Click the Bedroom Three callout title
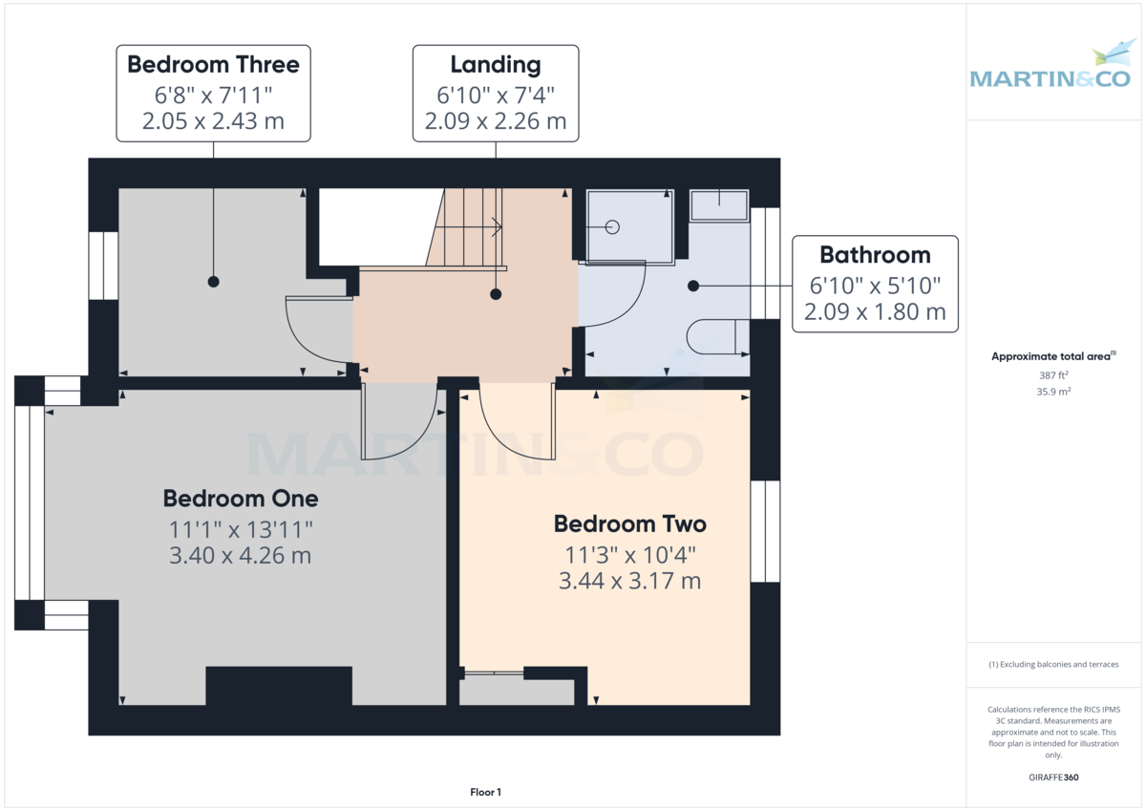213,65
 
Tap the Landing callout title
495,65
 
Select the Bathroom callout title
875,255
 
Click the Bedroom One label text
241,499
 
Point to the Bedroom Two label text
630,524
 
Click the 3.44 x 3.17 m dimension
630,580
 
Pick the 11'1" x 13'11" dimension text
241,528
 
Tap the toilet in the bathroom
716,336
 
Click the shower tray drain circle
612,227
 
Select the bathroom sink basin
718,205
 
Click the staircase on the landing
468,227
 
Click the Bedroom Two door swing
516,420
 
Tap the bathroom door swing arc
616,296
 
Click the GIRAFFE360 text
1054,778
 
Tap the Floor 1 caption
485,792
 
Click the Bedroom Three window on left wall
97,266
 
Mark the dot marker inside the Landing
496,295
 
